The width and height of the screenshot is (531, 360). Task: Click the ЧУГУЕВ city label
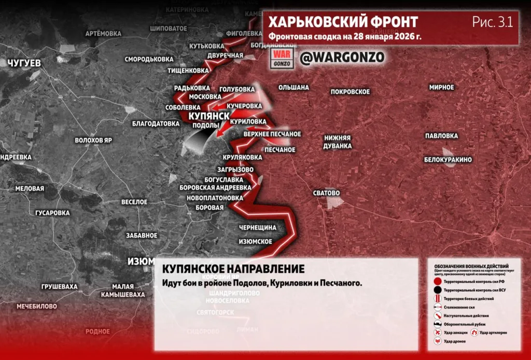tap(24, 63)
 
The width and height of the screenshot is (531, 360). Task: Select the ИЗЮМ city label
tap(141, 261)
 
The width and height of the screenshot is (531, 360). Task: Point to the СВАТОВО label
tap(326, 193)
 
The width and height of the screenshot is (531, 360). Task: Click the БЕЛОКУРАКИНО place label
tap(448, 160)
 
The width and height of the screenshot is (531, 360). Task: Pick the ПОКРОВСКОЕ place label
tap(350, 92)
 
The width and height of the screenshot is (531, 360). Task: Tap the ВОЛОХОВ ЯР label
tap(93, 141)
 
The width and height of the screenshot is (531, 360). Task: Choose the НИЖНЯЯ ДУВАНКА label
tap(338, 142)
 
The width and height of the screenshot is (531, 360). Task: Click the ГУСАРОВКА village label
tap(52, 213)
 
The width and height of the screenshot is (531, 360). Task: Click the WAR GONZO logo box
tap(283, 58)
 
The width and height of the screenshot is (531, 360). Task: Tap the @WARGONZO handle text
tap(342, 57)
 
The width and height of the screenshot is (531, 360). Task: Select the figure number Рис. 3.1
tap(492, 22)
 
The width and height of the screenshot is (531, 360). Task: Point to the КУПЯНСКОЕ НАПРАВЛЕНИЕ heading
tap(233, 269)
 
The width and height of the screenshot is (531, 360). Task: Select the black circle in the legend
tap(438, 289)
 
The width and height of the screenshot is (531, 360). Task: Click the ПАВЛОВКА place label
tap(441, 136)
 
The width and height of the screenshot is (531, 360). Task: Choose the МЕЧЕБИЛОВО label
tap(36, 306)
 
